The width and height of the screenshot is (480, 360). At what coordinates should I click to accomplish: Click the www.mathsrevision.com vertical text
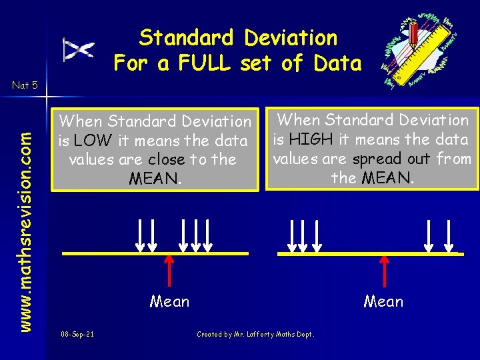tap(25, 212)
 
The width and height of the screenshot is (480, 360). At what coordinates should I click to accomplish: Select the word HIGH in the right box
tap(308, 139)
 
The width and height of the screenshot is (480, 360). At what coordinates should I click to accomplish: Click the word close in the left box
tap(167, 159)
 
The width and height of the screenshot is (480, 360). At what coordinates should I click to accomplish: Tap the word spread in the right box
tap(377, 159)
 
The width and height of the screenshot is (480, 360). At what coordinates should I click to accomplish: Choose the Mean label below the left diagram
tap(169, 302)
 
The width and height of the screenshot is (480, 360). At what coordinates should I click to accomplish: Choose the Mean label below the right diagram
tap(383, 302)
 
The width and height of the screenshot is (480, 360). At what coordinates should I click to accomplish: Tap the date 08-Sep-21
tap(77, 334)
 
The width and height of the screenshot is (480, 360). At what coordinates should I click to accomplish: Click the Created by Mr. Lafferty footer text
tap(255, 334)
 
